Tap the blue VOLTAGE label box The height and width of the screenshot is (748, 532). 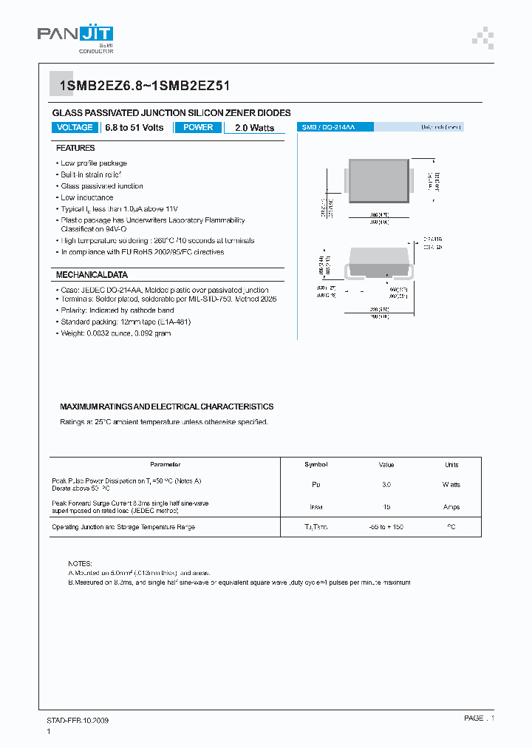75,128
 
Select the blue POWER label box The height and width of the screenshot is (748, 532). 198,128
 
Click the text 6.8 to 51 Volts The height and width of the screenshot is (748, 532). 134,128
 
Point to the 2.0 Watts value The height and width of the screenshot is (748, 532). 254,128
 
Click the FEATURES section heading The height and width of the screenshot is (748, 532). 75,149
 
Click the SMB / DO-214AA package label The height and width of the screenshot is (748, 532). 327,128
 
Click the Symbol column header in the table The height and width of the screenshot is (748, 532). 316,465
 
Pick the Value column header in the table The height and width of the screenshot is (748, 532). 386,465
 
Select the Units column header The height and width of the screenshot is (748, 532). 451,465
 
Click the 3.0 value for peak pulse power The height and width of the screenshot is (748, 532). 386,485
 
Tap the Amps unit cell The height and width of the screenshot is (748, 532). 451,507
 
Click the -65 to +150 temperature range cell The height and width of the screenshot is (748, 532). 386,527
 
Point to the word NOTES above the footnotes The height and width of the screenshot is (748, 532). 80,563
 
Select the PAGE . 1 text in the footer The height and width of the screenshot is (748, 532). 479,718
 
